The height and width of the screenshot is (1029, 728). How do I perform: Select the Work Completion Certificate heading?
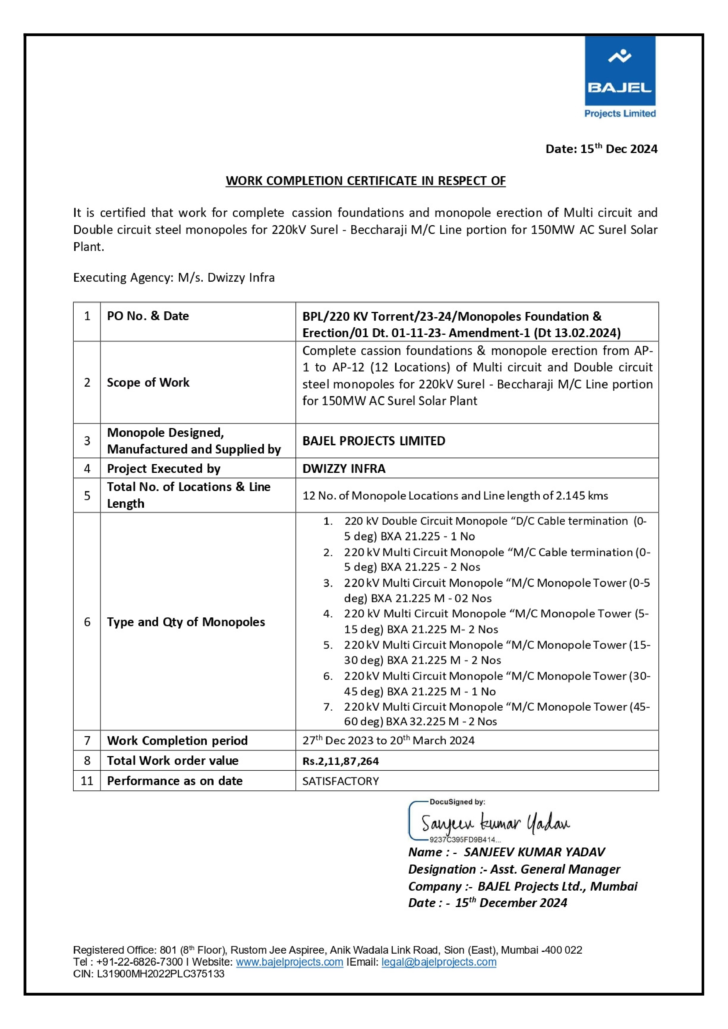point(365,181)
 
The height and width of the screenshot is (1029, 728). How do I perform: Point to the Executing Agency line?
point(174,277)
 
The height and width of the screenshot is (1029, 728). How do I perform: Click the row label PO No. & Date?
point(148,316)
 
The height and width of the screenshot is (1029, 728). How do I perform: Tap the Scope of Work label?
point(148,382)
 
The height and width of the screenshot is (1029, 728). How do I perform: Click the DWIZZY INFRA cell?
point(343,468)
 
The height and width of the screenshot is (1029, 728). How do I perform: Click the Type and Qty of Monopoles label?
point(186,622)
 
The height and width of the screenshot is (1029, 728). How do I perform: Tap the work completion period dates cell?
point(388,740)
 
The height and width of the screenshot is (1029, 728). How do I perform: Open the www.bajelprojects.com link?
point(289,962)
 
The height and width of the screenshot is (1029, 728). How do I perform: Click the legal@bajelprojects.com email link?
point(439,962)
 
